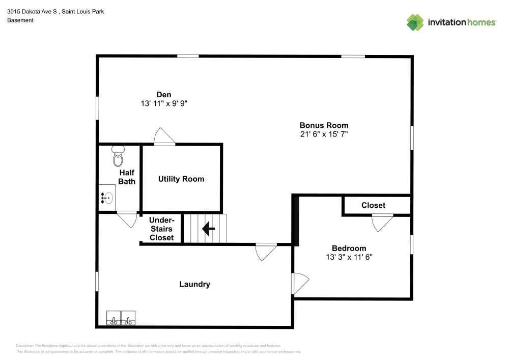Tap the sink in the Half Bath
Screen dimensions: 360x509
click(107, 196)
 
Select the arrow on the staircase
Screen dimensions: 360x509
click(208, 229)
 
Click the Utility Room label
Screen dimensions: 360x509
click(181, 179)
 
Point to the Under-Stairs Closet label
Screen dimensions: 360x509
click(161, 229)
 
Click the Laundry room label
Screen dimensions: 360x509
click(194, 284)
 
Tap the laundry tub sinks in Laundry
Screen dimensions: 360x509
click(121, 318)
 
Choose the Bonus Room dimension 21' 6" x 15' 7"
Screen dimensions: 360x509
click(324, 134)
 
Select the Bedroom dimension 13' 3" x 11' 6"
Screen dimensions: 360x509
click(349, 257)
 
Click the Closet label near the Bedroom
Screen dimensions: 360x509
click(373, 205)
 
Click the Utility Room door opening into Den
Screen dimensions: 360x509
click(164, 137)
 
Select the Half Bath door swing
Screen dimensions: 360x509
click(127, 219)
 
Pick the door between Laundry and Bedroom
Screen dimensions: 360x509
click(300, 283)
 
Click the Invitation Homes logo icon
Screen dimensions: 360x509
click(415, 22)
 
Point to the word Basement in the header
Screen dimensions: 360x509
click(20, 20)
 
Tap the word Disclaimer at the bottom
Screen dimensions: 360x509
click(25, 346)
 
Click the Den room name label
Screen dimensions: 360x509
click(163, 95)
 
